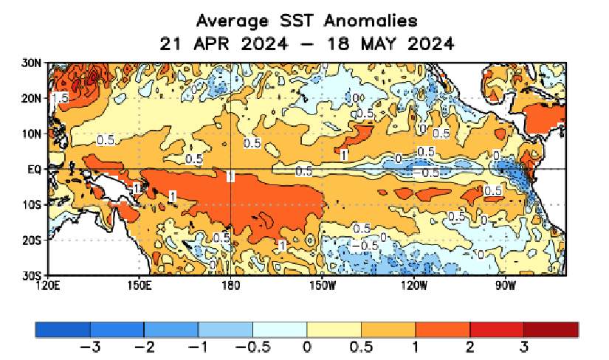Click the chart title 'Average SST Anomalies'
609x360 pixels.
[x=306, y=19]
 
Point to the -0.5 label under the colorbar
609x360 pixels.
[x=252, y=347]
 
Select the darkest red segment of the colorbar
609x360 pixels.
[x=551, y=329]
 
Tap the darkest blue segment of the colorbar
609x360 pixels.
[x=62, y=329]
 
